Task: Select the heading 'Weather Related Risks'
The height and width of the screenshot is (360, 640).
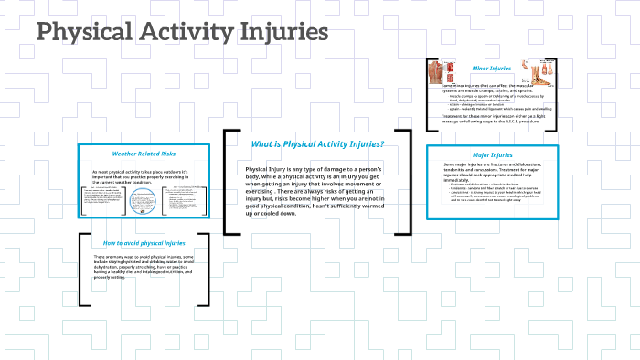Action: click(143, 154)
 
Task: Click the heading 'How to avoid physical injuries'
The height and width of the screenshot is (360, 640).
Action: click(144, 243)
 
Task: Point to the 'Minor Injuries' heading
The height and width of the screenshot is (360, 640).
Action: click(491, 68)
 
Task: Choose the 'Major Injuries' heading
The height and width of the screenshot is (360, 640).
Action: click(492, 154)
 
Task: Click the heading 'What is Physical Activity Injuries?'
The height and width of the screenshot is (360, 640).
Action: click(317, 144)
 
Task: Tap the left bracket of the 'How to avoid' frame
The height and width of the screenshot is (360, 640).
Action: click(82, 269)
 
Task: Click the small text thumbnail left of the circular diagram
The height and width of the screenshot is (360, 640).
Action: click(103, 202)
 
